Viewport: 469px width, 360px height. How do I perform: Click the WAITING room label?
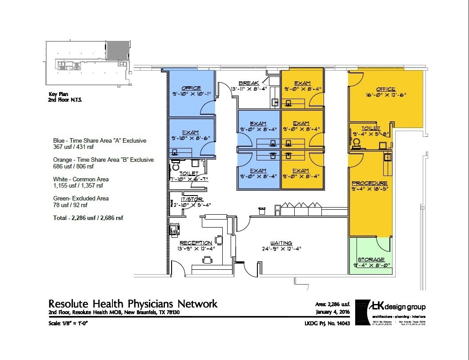[x=281, y=243]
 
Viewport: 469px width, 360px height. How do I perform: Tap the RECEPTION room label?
[x=196, y=243]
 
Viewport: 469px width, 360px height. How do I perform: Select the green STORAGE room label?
[x=371, y=260]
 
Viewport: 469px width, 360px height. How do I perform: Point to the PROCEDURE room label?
[x=369, y=183]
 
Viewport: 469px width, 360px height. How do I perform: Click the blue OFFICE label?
[x=191, y=88]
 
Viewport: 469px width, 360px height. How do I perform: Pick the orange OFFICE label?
[x=385, y=89]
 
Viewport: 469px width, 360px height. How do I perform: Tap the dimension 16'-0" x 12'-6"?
[x=385, y=95]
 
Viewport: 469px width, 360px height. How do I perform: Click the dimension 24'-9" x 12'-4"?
[x=281, y=248]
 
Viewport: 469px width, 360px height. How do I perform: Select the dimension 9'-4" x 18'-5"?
[x=369, y=189]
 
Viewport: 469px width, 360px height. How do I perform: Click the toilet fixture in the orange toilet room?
[x=356, y=143]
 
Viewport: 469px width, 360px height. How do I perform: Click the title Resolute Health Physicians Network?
[x=133, y=304]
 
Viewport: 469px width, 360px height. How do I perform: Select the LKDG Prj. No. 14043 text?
[x=325, y=323]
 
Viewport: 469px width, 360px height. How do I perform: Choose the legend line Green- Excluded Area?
[x=81, y=198]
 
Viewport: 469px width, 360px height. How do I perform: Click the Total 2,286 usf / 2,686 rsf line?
[x=88, y=218]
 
